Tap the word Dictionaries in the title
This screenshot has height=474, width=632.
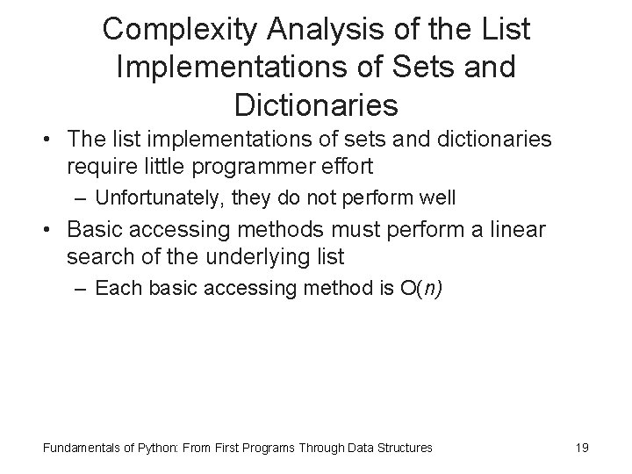click(x=316, y=105)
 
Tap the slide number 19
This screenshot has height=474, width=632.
click(x=581, y=448)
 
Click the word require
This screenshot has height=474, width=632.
click(x=96, y=166)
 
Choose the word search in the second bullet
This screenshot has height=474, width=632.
click(x=96, y=257)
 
